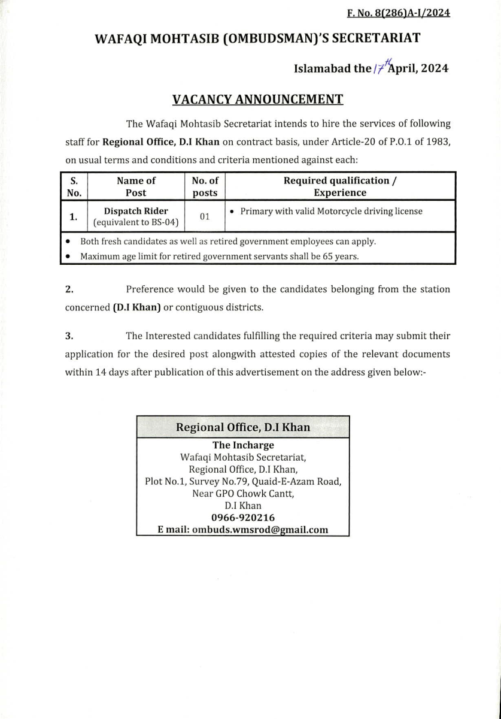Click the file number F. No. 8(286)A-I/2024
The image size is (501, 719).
click(x=398, y=12)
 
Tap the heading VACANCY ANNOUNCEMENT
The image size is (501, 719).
click(x=257, y=99)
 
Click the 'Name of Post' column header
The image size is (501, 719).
click(x=136, y=186)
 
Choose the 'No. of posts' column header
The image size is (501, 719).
click(x=205, y=186)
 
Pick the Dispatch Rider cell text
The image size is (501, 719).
click(x=136, y=211)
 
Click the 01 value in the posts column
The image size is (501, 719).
click(x=205, y=217)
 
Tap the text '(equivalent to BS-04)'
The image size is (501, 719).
click(x=136, y=223)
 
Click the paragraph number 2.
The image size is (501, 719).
click(x=69, y=289)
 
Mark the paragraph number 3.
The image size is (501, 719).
click(x=69, y=336)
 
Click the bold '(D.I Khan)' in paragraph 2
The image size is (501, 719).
click(x=136, y=307)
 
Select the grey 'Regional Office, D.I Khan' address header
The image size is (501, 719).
click(x=242, y=427)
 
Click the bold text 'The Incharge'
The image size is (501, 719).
click(x=243, y=445)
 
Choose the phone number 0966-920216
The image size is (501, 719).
click(x=243, y=518)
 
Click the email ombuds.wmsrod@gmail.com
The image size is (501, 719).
click(x=243, y=530)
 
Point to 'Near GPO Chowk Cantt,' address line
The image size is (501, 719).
click(x=243, y=494)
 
